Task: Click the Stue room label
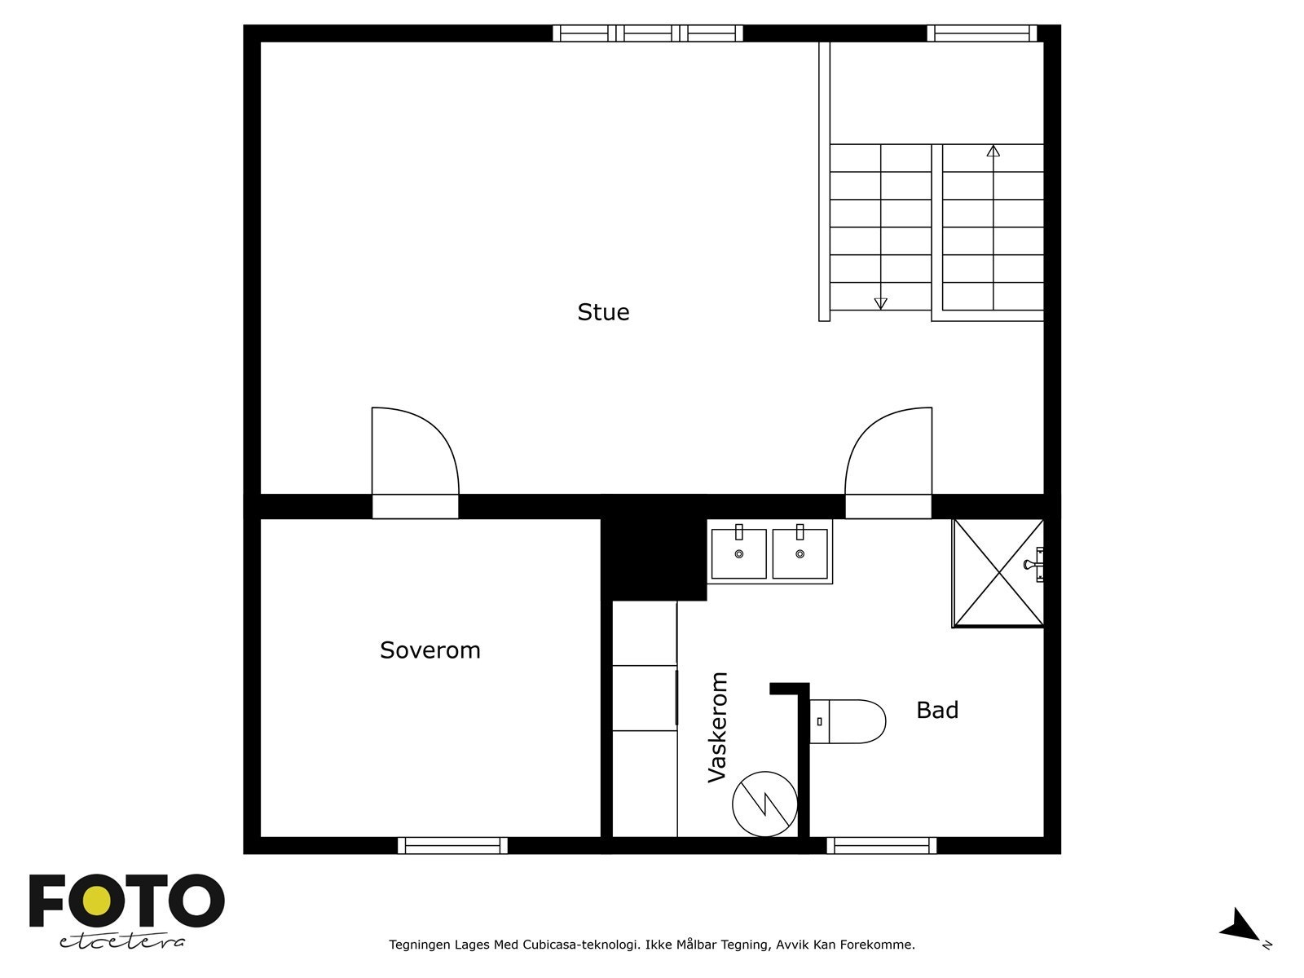(603, 312)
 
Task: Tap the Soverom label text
(430, 650)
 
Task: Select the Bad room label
(937, 711)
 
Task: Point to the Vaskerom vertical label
(717, 727)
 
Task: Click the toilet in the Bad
(848, 721)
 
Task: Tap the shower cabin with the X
(998, 573)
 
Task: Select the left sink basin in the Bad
(738, 553)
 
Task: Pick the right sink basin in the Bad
(800, 553)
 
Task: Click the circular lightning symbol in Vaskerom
(764, 804)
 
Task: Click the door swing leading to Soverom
(415, 452)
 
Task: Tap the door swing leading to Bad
(888, 452)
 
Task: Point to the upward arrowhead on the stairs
(993, 151)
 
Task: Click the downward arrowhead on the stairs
(880, 303)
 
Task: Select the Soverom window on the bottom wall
(452, 846)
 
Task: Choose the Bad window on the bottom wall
(881, 846)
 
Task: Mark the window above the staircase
(981, 33)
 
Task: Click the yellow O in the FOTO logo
(99, 901)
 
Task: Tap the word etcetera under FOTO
(122, 942)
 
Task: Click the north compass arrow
(1242, 926)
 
